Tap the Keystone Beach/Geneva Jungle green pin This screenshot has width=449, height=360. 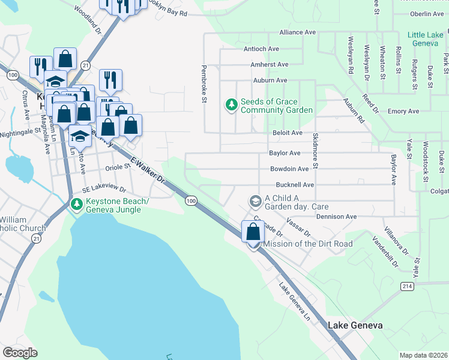coord(76,204)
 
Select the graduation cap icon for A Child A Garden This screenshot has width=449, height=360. coord(255,200)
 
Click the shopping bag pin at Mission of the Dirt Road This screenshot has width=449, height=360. coord(253,233)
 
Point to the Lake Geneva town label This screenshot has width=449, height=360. coord(355,325)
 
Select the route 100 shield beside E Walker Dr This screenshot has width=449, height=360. coord(191,200)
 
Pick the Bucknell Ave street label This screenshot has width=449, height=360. coord(295,185)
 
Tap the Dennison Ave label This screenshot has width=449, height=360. coord(336,217)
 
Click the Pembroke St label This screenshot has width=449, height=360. coord(204,84)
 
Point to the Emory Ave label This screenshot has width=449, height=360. coord(403,112)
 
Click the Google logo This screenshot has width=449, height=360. coord(20,352)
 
